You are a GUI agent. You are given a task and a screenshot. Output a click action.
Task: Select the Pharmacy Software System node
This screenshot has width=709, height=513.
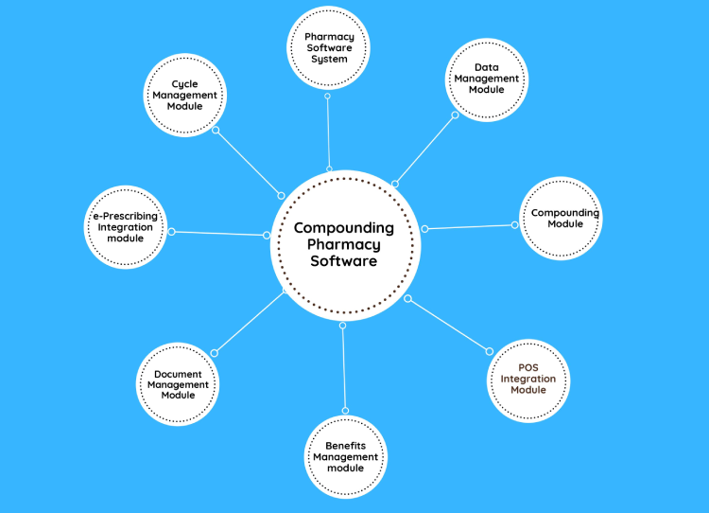pyautogui.click(x=326, y=48)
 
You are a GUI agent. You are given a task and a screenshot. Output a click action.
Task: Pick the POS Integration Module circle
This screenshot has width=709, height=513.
pyautogui.click(x=528, y=380)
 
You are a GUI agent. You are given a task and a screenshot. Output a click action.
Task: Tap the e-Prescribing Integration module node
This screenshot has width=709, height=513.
pyautogui.click(x=125, y=227)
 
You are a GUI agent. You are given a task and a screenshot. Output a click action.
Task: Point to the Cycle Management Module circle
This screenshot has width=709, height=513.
pyautogui.click(x=185, y=95)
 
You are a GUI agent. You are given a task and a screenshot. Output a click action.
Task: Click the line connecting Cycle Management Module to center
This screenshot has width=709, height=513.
pyautogui.click(x=249, y=162)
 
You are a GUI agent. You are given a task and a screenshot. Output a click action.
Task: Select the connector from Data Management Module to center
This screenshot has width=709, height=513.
pyautogui.click(x=424, y=150)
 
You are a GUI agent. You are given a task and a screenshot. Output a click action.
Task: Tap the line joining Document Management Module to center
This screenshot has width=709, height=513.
pyautogui.click(x=250, y=323)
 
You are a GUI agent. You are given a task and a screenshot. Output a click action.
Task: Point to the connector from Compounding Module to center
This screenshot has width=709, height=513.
pyautogui.click(x=470, y=226)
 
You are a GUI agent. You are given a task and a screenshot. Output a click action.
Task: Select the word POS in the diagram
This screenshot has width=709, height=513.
pyautogui.click(x=527, y=368)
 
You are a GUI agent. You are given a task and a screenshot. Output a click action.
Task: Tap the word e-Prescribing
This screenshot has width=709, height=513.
pyautogui.click(x=125, y=216)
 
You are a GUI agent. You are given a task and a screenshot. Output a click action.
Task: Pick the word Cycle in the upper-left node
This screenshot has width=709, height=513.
pyautogui.click(x=184, y=84)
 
